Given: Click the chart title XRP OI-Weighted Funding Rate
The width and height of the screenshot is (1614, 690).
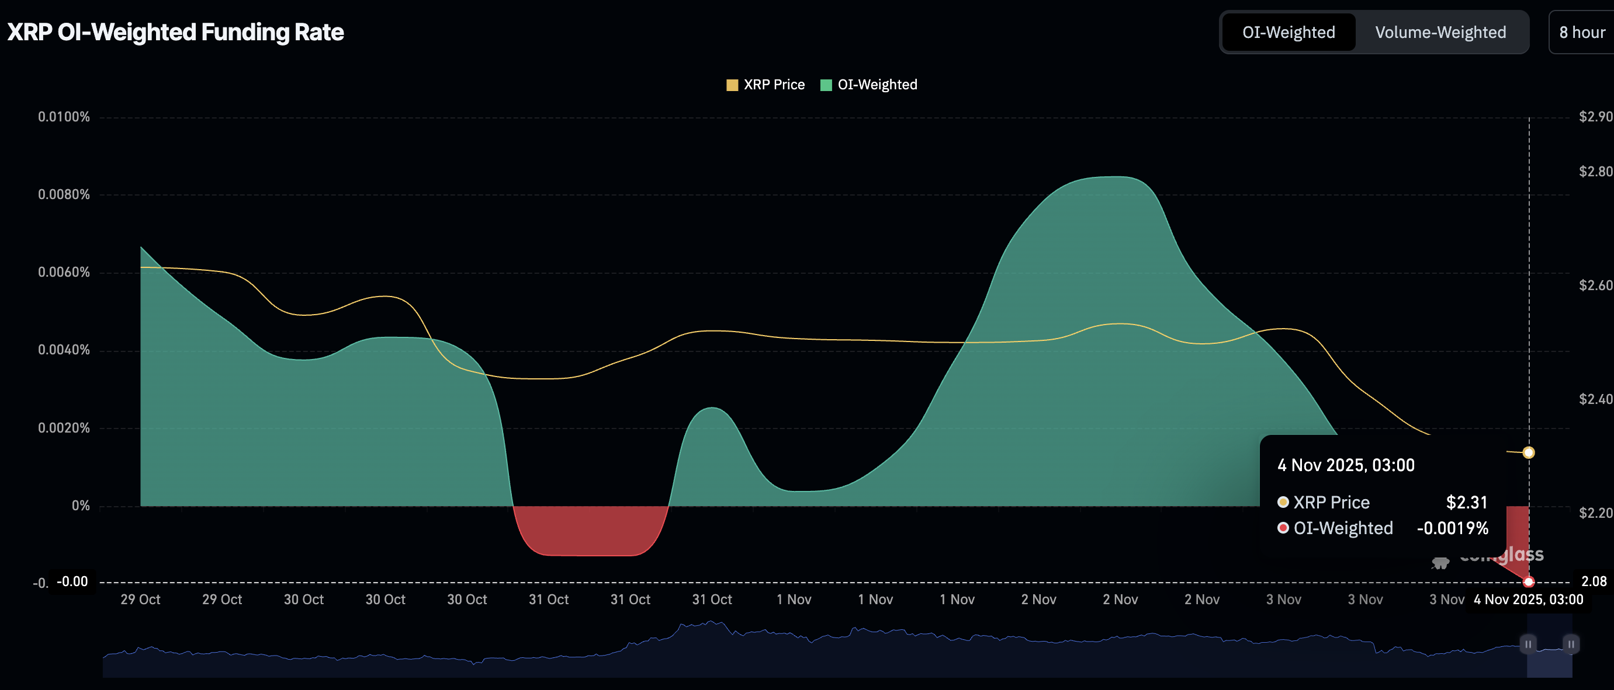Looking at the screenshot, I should pos(175,33).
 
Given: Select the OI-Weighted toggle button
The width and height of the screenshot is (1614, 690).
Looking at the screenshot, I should pos(1288,33).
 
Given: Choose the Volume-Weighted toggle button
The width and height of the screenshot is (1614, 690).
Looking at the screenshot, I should pos(1440,33).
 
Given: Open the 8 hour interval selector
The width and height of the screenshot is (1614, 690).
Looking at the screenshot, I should pos(1581,33).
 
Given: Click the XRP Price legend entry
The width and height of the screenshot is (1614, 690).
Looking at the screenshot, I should pos(765,85).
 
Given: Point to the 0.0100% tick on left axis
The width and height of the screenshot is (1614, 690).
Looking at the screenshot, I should pos(64,117).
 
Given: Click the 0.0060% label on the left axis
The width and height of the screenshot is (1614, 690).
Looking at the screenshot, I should pos(64,273).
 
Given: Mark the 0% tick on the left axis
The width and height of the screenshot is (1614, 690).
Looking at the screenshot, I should pos(80,506).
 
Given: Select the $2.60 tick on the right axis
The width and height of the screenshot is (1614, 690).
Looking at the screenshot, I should pos(1595,285).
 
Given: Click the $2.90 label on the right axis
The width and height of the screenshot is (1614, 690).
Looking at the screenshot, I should pos(1595,117).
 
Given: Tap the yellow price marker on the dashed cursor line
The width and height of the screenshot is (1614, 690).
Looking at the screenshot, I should pos(1528,452).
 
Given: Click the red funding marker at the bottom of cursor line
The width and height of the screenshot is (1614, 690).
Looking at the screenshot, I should pos(1528,581).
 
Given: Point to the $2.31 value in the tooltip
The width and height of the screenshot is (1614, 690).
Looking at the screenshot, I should pos(1466,502).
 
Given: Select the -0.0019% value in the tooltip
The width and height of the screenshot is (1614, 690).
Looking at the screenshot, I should pos(1452,528).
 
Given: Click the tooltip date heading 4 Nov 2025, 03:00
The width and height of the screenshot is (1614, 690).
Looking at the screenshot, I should pos(1346,465).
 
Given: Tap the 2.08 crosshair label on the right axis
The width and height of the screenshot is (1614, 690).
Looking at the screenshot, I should pos(1594,581).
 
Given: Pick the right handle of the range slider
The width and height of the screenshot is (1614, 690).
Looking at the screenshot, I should pos(1571,644).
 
